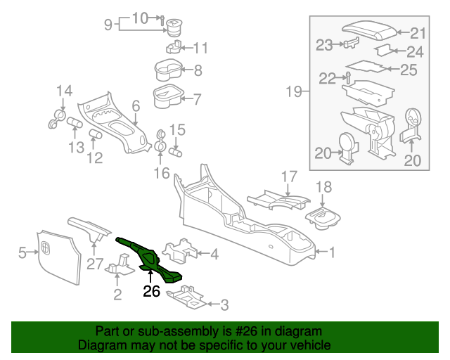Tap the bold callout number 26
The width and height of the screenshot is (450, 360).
(x=152, y=290)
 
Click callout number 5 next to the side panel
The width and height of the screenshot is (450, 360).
(x=22, y=252)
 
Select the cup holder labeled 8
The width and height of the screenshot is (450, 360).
(x=169, y=70)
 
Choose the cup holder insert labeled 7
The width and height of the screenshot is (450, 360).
(x=167, y=96)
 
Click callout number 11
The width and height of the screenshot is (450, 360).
(x=201, y=49)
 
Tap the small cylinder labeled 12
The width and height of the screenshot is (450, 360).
(x=96, y=134)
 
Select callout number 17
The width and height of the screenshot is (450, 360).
(x=290, y=176)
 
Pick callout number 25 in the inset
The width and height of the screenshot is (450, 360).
(x=409, y=70)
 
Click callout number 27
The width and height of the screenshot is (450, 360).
(x=95, y=264)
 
